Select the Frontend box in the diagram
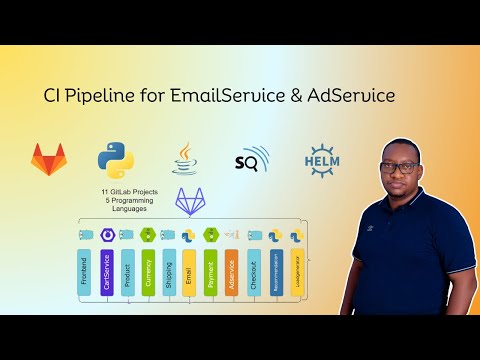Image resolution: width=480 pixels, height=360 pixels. [x=85, y=272]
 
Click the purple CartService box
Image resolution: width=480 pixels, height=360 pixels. [x=106, y=272]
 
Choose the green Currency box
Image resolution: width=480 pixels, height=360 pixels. [x=148, y=272]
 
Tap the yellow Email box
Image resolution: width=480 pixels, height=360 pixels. [x=190, y=272]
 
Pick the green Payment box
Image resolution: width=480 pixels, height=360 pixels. [x=211, y=272]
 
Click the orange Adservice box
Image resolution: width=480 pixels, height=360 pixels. [x=232, y=272]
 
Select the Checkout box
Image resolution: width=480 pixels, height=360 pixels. [x=254, y=272]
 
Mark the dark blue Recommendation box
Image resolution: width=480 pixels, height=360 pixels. [x=275, y=272]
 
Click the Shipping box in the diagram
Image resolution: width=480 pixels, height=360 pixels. [x=169, y=272]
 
